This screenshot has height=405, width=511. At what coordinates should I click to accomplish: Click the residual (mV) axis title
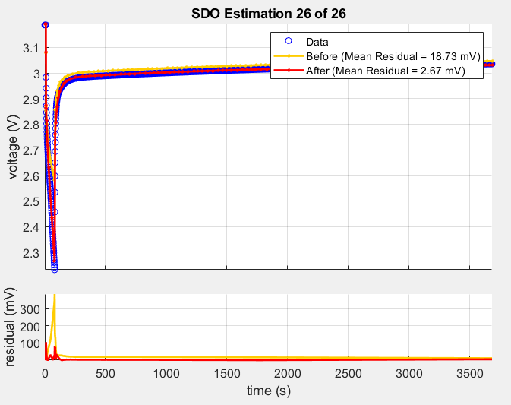click(x=11, y=327)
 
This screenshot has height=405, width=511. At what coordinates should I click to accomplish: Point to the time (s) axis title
click(x=269, y=391)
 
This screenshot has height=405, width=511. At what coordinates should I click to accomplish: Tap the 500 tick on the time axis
click(x=106, y=373)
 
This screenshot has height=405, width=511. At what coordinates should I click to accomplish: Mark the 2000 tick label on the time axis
click(x=287, y=373)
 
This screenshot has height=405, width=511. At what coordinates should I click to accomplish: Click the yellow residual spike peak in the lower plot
click(x=54, y=297)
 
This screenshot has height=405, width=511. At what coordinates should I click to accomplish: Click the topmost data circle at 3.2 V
click(x=46, y=25)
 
